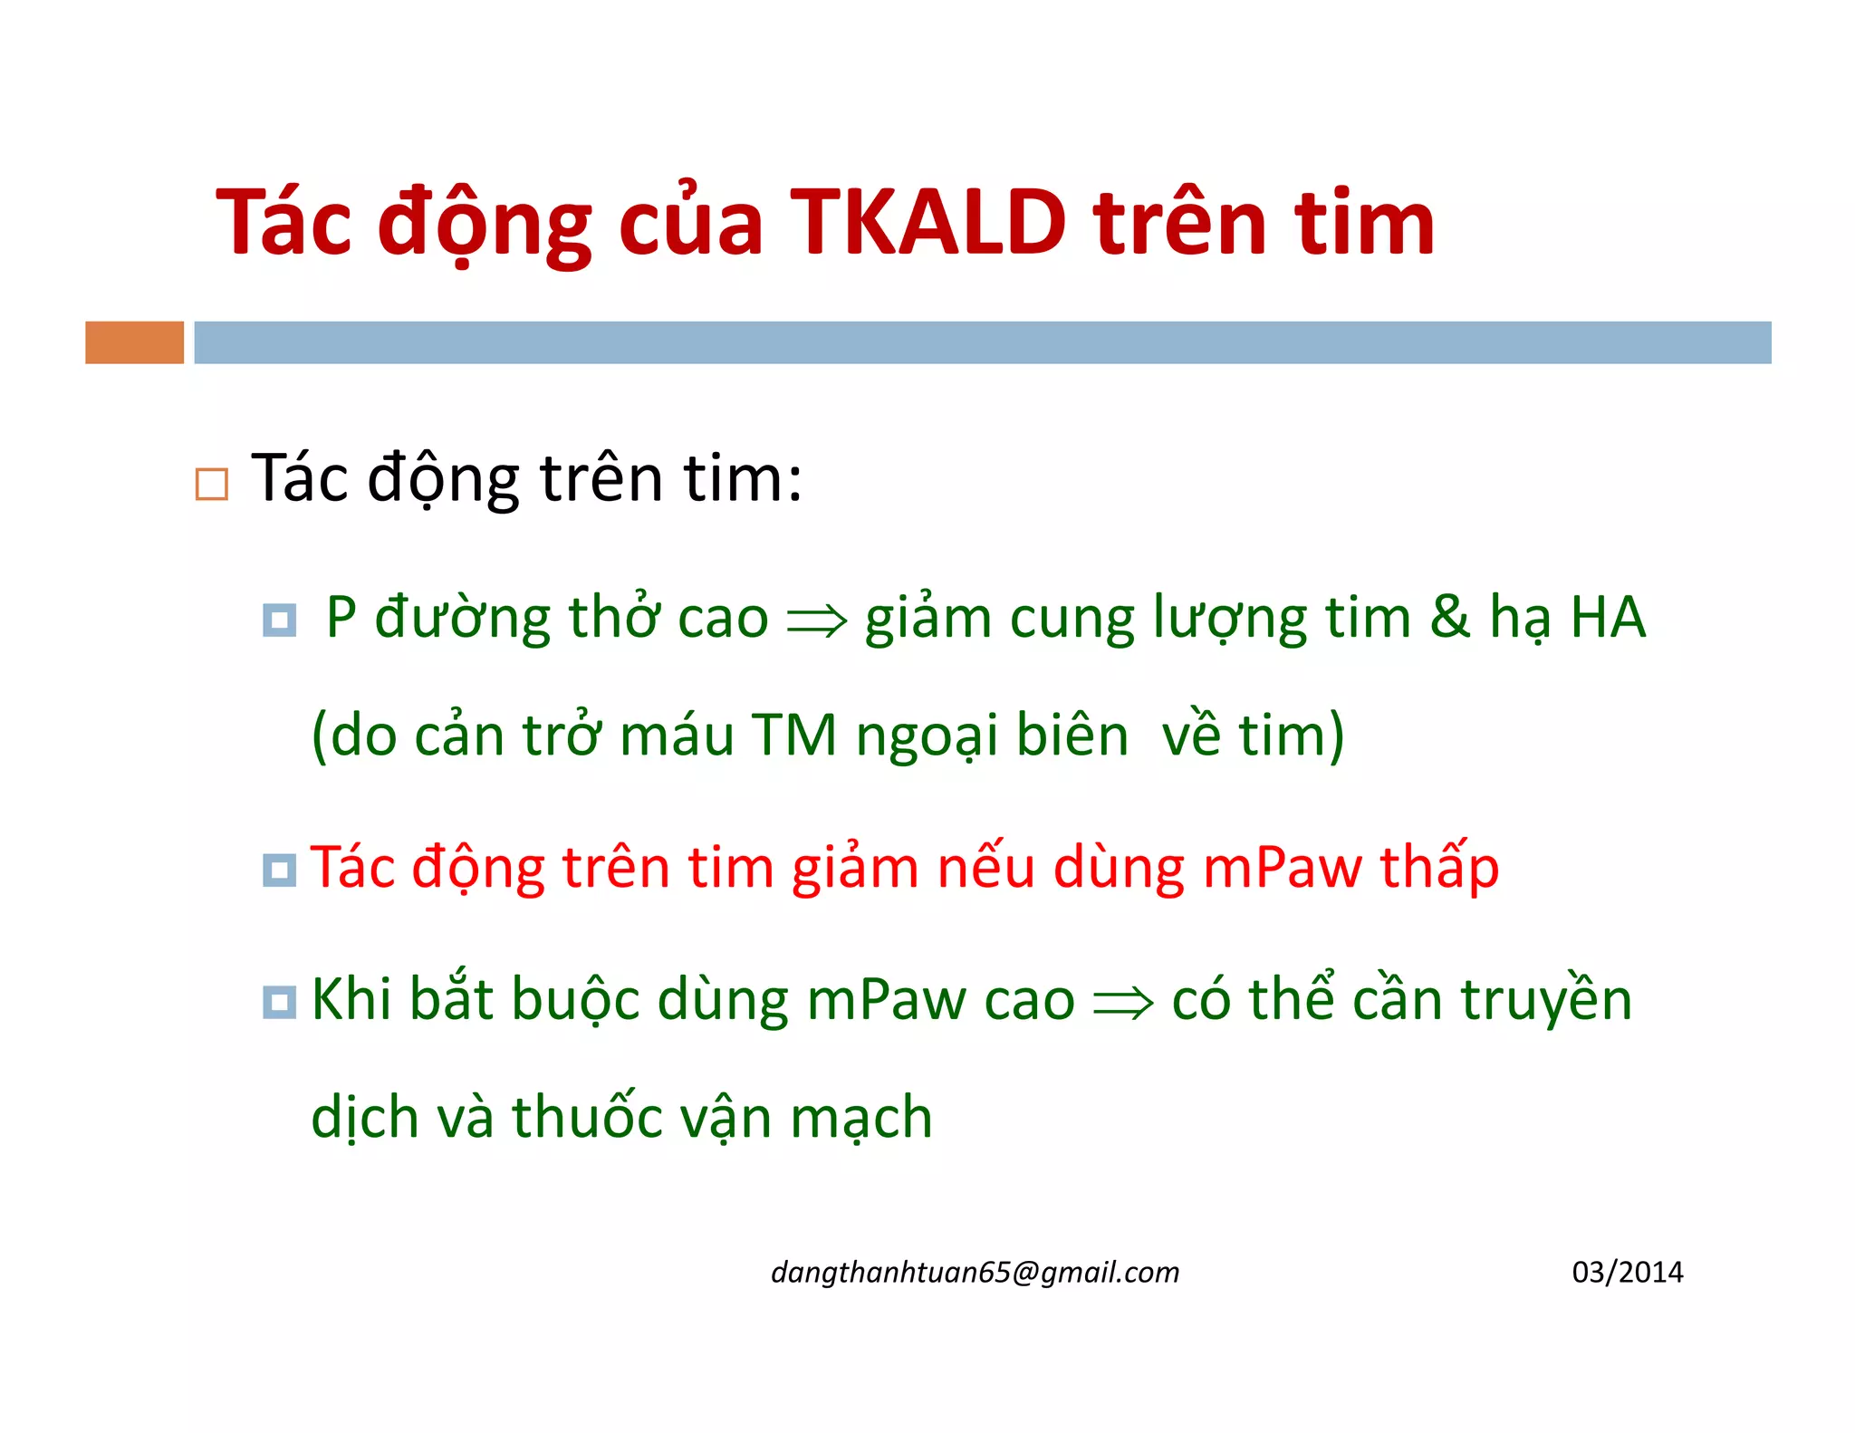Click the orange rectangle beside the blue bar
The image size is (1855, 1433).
[134, 342]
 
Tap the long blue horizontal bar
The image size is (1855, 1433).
[982, 342]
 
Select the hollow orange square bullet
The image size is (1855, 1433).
[212, 485]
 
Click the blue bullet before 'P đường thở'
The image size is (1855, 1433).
[279, 620]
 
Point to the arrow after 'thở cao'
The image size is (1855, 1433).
[817, 621]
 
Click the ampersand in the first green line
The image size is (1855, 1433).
[1449, 618]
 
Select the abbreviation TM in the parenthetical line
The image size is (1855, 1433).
[794, 735]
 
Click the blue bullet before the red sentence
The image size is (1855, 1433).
[279, 870]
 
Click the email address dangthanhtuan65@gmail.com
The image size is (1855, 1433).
[975, 1273]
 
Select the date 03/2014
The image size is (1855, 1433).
[1627, 1273]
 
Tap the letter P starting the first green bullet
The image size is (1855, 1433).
[341, 618]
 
